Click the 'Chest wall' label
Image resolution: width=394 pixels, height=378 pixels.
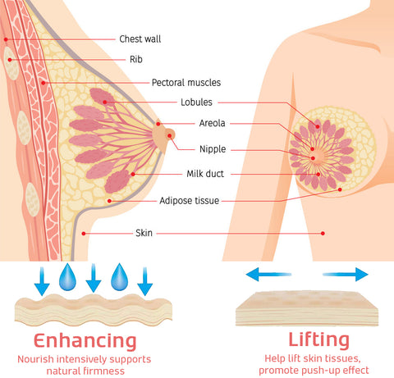coord(140,39)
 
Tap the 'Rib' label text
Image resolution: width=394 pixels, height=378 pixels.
coord(136,59)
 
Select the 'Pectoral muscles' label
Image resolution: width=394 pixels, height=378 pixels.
coord(186,83)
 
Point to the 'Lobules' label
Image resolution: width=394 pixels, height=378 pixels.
coord(196,102)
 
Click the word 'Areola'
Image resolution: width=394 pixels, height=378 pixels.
coord(212,123)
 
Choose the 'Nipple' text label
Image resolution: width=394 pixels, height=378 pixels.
coord(213,149)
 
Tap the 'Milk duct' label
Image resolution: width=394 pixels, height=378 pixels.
coord(205,174)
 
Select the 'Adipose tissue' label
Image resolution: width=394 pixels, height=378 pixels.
coord(190,201)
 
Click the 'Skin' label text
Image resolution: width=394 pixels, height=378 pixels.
coord(144,233)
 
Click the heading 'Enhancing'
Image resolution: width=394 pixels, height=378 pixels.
coord(85,341)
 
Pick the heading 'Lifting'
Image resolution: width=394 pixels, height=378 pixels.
coord(319,340)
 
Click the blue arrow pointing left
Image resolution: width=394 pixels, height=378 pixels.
coord(268,275)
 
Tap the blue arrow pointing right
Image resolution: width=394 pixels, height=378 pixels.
coord(346,275)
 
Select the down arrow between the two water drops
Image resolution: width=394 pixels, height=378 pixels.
coord(94,278)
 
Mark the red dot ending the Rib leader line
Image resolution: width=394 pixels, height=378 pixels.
coord(10,60)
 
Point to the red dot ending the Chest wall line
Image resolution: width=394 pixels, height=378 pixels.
coord(6,39)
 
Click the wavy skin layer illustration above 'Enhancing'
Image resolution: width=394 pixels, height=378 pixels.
coord(94,310)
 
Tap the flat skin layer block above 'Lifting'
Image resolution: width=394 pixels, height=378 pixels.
coord(307,309)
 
